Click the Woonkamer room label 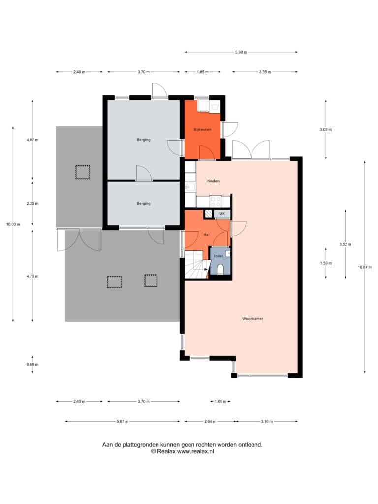pos(252,319)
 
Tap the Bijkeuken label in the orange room pos(202,129)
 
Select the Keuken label pos(214,181)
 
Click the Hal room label pos(206,235)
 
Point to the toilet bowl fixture pos(220,269)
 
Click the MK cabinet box pos(222,214)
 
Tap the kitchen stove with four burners pos(216,201)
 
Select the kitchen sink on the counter pos(190,187)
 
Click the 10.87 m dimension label pos(365,267)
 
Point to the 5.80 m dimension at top pos(241,52)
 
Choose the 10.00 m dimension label pos(13,224)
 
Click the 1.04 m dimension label pos(220,401)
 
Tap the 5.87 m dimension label pos(123,421)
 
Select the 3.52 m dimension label pos(345,244)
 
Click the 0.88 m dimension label pos(32,365)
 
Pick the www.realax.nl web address pos(195,451)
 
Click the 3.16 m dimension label pos(267,421)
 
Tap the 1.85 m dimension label pos(202,72)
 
